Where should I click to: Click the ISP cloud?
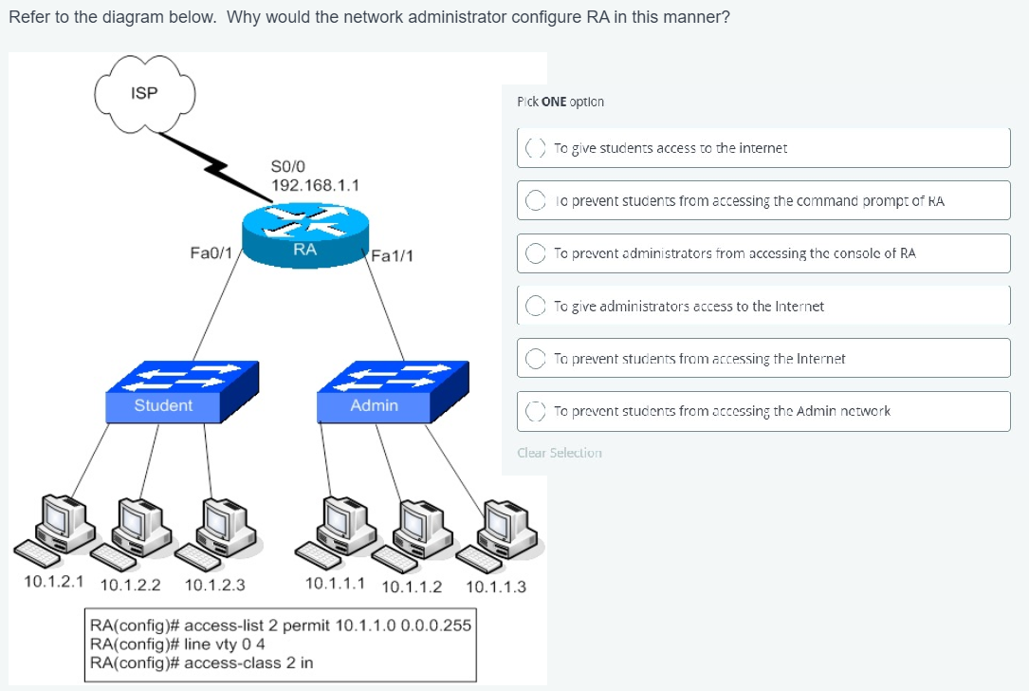pyautogui.click(x=145, y=94)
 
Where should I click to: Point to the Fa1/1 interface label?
pyautogui.click(x=392, y=255)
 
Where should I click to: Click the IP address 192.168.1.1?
pyautogui.click(x=315, y=185)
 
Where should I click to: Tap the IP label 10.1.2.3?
pyautogui.click(x=214, y=586)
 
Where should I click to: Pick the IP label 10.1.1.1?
pyautogui.click(x=335, y=583)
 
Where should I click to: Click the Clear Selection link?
pyautogui.click(x=559, y=453)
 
